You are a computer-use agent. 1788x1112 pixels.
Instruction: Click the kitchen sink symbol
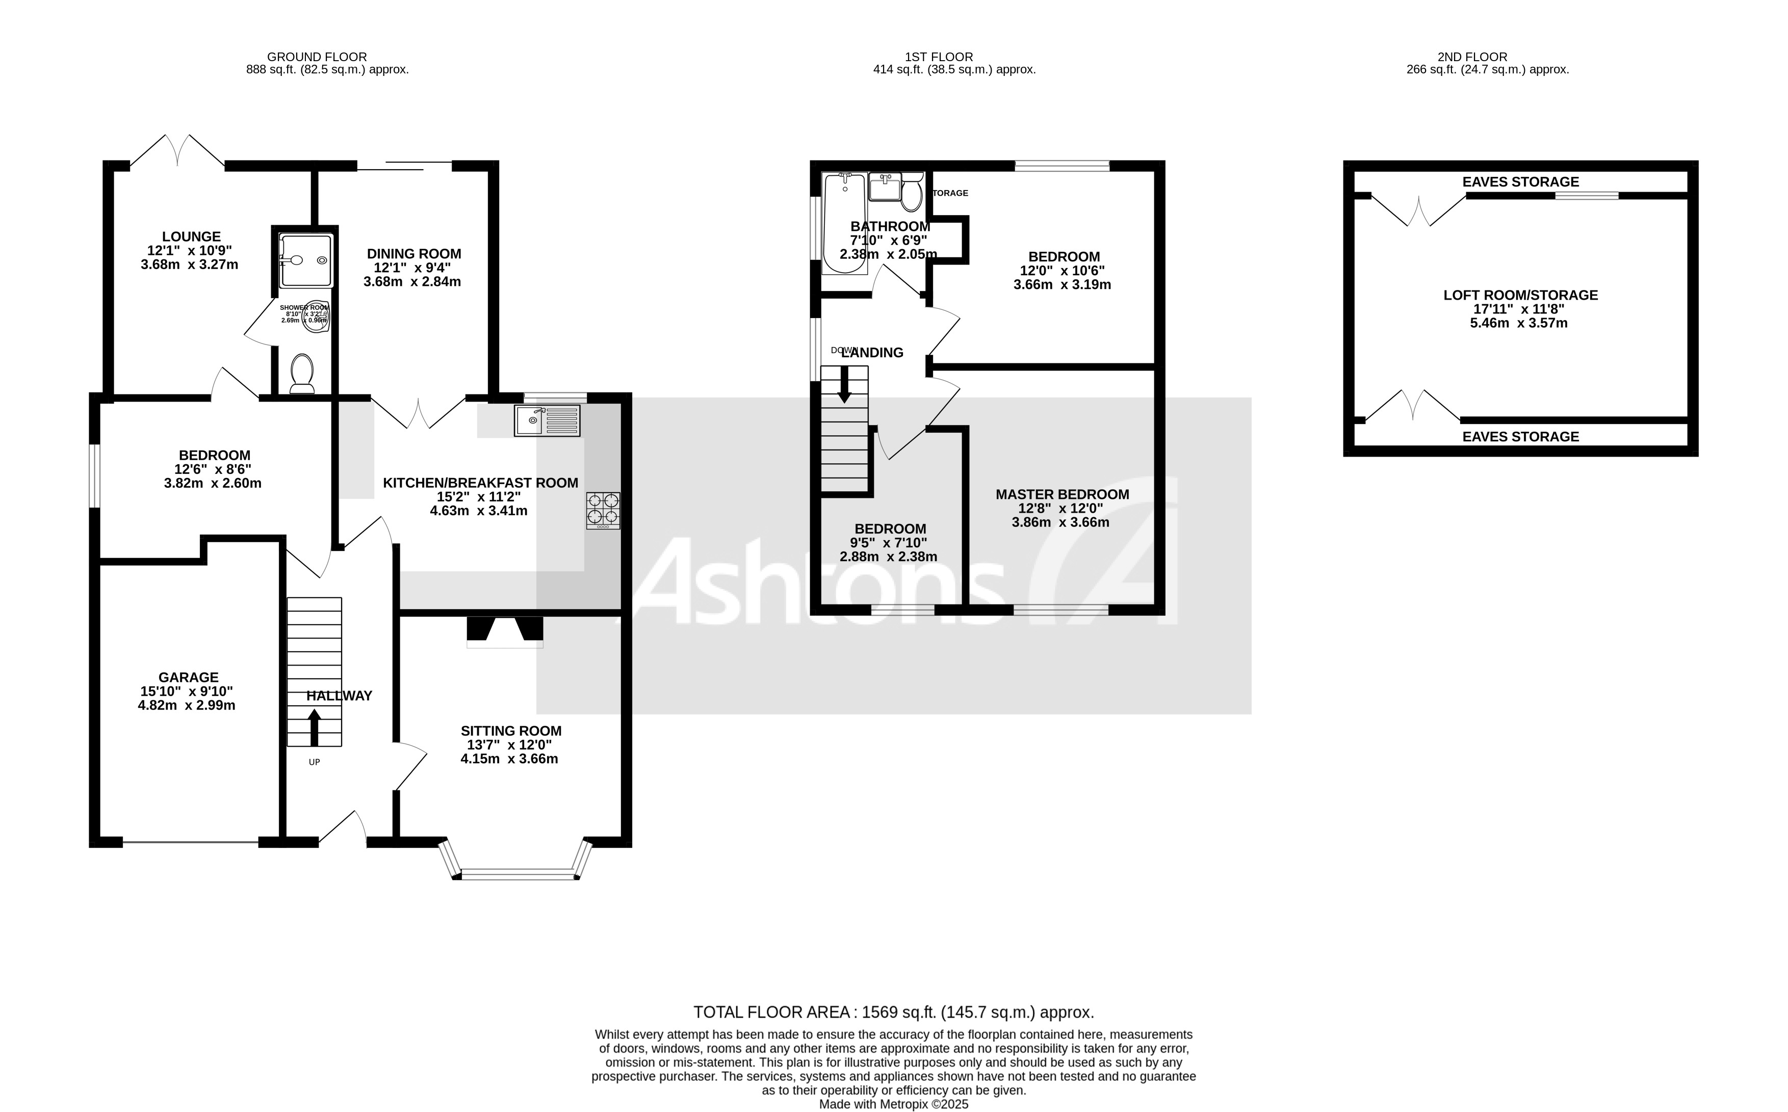[548, 420]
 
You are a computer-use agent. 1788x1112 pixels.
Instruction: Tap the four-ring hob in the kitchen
[603, 511]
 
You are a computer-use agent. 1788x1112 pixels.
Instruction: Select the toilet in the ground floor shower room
[302, 373]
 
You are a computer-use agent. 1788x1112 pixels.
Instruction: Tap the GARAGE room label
[188, 677]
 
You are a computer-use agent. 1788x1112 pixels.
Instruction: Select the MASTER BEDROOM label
[1062, 494]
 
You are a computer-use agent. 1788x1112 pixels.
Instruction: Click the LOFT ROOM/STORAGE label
[1520, 295]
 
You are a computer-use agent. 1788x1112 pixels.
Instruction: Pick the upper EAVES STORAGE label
[1520, 181]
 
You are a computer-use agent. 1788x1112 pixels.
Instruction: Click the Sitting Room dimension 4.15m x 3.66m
[509, 758]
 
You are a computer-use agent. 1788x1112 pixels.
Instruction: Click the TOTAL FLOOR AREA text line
[893, 1012]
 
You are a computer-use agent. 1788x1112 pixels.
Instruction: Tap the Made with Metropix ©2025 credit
[893, 1104]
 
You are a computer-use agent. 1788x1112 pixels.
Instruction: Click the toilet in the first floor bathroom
[912, 194]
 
